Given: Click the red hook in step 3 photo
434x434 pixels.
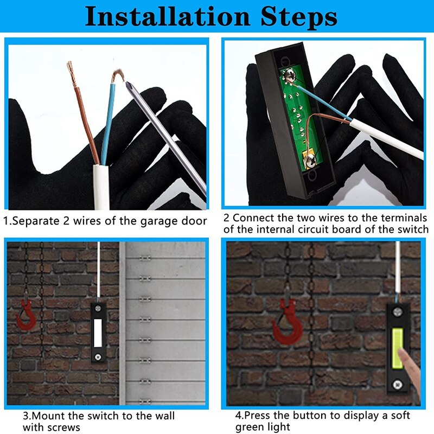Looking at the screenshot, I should (24, 317).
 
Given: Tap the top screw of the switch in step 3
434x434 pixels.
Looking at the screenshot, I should (99, 310).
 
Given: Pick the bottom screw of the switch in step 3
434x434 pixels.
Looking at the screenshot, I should (99, 356).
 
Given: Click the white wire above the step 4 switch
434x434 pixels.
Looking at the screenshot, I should (398, 271).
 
